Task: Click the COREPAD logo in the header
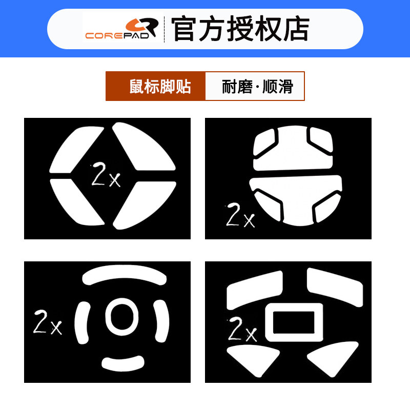(x=121, y=29)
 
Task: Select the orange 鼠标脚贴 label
(x=156, y=86)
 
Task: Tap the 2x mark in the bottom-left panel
(x=47, y=322)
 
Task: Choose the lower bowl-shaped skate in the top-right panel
(x=295, y=200)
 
